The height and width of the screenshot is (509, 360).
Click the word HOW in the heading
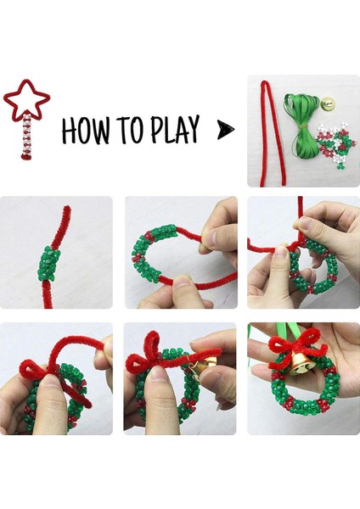(86, 130)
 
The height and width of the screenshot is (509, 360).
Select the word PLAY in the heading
(174, 129)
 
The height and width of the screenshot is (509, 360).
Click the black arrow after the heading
(226, 130)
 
